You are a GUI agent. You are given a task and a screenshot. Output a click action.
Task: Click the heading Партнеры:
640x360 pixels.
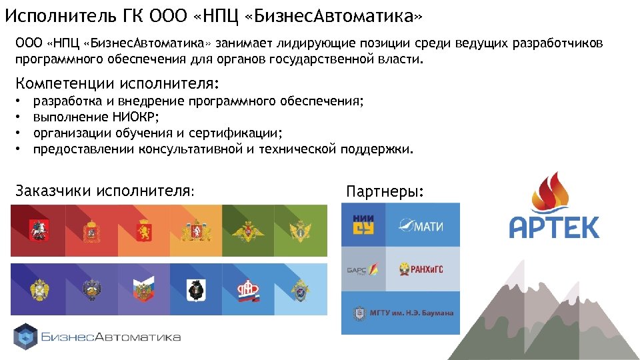tap(384, 192)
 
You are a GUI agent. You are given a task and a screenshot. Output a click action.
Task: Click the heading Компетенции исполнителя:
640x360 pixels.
tap(117, 83)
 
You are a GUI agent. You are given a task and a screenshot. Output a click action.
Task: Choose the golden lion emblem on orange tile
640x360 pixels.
tap(143, 231)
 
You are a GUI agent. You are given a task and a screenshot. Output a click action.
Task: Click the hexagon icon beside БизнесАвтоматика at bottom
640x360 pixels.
tap(25, 337)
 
